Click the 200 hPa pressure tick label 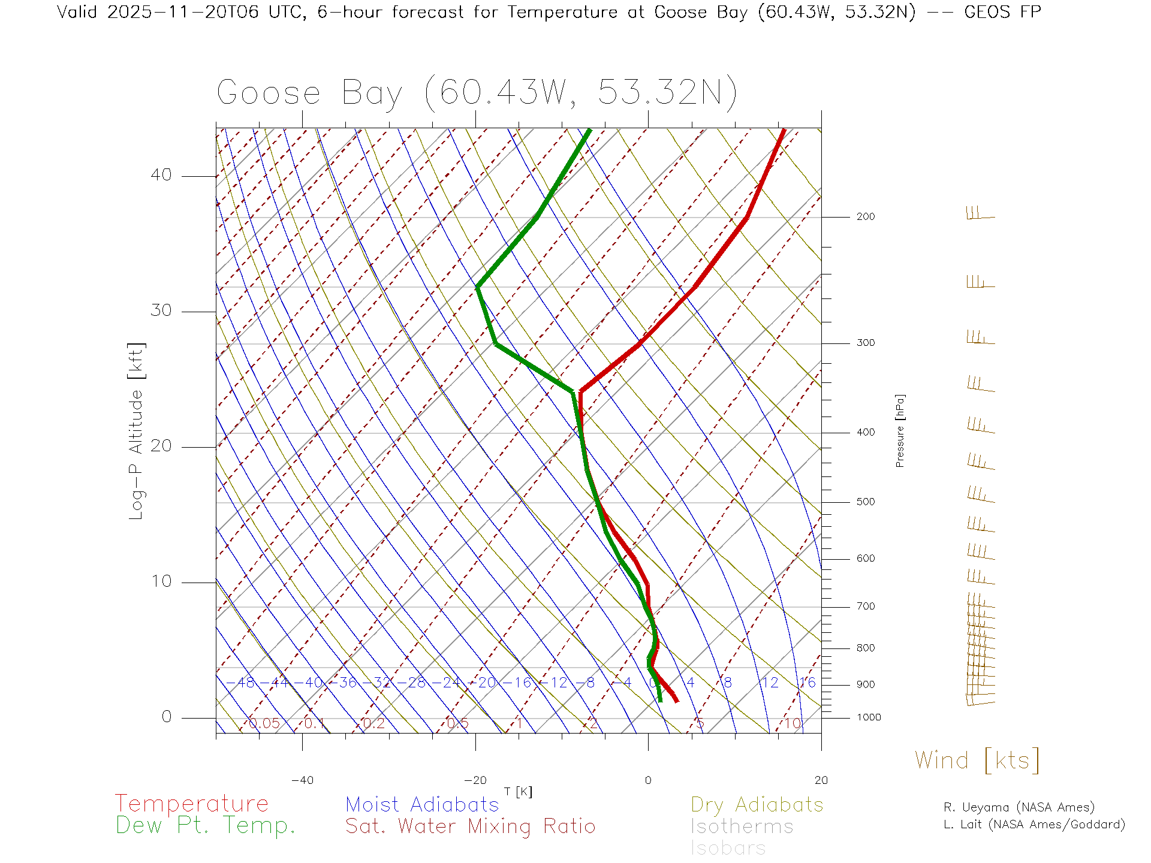tap(865, 216)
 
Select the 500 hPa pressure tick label tap(865, 502)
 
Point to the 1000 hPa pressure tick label tap(869, 717)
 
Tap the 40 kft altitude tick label tap(161, 175)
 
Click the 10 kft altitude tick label tap(161, 581)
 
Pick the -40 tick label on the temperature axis tap(302, 780)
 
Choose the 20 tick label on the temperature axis tap(821, 780)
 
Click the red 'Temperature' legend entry tap(191, 803)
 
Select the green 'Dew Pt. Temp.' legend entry tap(206, 825)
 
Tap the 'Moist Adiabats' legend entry tap(422, 804)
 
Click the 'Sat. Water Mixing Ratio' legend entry tap(470, 826)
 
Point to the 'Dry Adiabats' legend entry tap(757, 804)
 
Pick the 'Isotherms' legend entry tap(742, 826)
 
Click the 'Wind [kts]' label tap(977, 760)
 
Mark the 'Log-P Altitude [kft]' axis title tap(136, 431)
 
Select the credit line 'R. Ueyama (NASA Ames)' tap(1019, 807)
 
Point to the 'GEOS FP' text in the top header tap(1002, 11)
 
